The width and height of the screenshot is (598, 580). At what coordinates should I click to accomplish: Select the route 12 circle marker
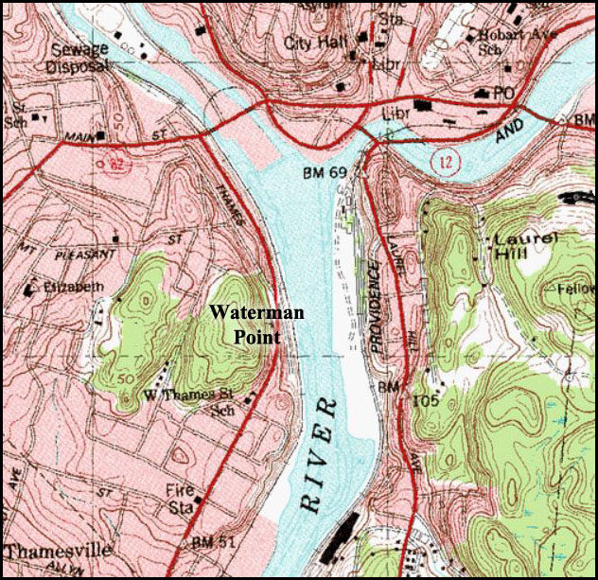(443, 163)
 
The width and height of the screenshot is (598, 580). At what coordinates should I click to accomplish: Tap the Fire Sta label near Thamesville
(183, 498)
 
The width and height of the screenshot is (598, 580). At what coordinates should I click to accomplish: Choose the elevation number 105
(428, 400)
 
